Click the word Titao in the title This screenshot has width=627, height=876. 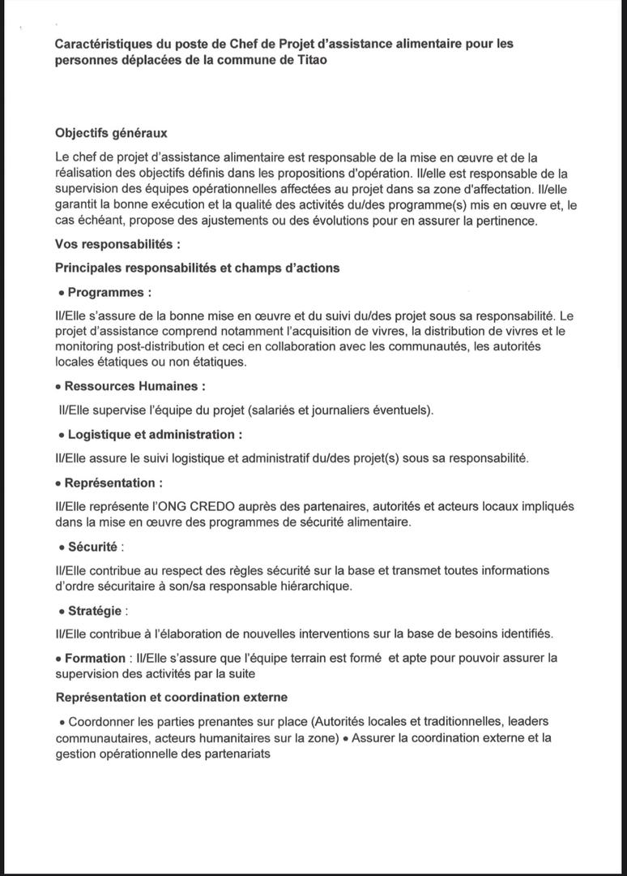coord(312,61)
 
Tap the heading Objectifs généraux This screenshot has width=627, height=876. coord(111,133)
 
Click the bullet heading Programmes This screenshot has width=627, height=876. coord(109,292)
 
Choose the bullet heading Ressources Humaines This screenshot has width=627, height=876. coord(134,387)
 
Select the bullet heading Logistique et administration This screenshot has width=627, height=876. coord(155,435)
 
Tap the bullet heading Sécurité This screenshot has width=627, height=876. coord(92,547)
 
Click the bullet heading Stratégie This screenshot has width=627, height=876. coord(95,610)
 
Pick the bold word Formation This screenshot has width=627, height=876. coord(95,658)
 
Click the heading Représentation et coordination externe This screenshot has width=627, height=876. coord(171,698)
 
